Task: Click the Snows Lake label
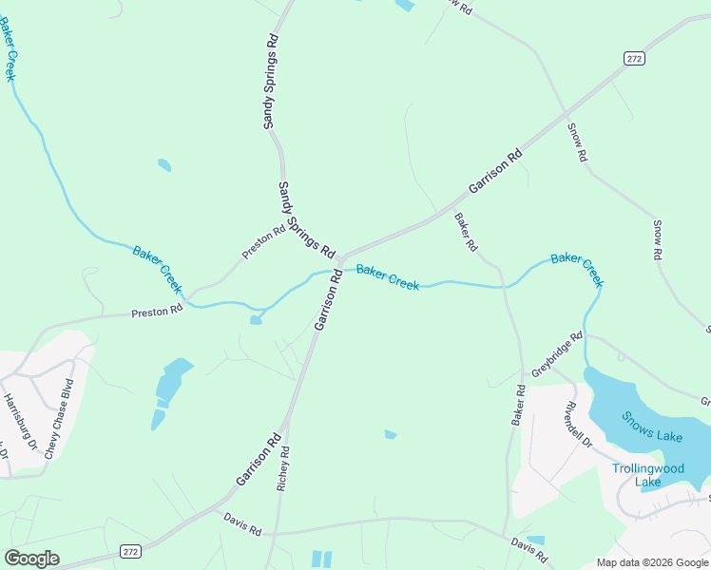click(652, 427)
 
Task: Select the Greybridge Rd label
click(557, 354)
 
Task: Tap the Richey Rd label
click(282, 468)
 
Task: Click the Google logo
click(31, 559)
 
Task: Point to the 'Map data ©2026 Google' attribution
click(652, 562)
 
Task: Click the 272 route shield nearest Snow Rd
click(634, 58)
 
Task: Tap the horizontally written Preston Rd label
click(157, 312)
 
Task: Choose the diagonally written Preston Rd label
click(263, 242)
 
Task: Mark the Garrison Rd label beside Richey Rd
click(259, 460)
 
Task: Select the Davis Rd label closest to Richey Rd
click(242, 523)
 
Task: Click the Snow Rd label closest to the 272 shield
click(577, 142)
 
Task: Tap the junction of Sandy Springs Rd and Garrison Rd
click(338, 259)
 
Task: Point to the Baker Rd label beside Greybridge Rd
click(519, 405)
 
